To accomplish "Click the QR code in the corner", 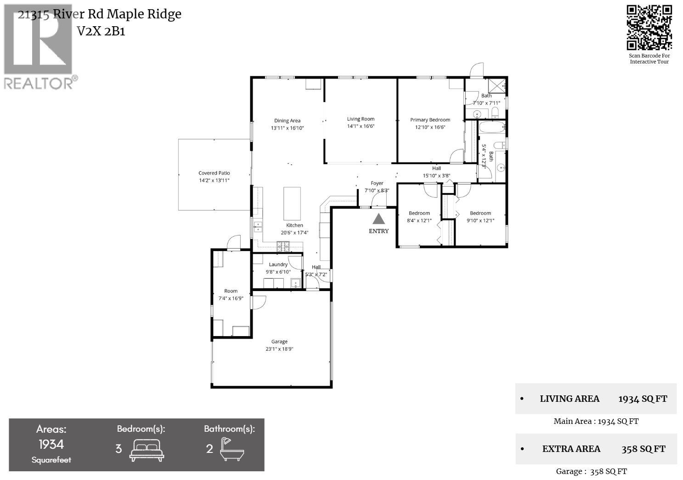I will [x=649, y=28].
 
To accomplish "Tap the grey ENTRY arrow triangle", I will [x=378, y=219].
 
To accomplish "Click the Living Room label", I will [x=361, y=119].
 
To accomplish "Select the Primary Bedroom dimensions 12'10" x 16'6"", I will [x=430, y=127].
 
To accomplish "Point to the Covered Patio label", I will [x=214, y=173].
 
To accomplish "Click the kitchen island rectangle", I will [x=292, y=203].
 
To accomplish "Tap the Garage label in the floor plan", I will [x=279, y=342].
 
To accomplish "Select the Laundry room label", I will [x=278, y=264].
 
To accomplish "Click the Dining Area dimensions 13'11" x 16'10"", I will [x=288, y=128].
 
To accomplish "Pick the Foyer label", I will [x=377, y=183].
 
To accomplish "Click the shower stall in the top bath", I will [x=496, y=86].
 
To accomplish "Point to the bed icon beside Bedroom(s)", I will [x=147, y=450].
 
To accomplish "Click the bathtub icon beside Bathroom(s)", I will [x=231, y=449].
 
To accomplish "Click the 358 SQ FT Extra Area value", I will [x=643, y=449].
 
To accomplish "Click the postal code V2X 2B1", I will [x=101, y=31].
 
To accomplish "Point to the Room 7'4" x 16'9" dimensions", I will [x=231, y=298].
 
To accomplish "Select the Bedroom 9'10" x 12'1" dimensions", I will [x=480, y=220].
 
